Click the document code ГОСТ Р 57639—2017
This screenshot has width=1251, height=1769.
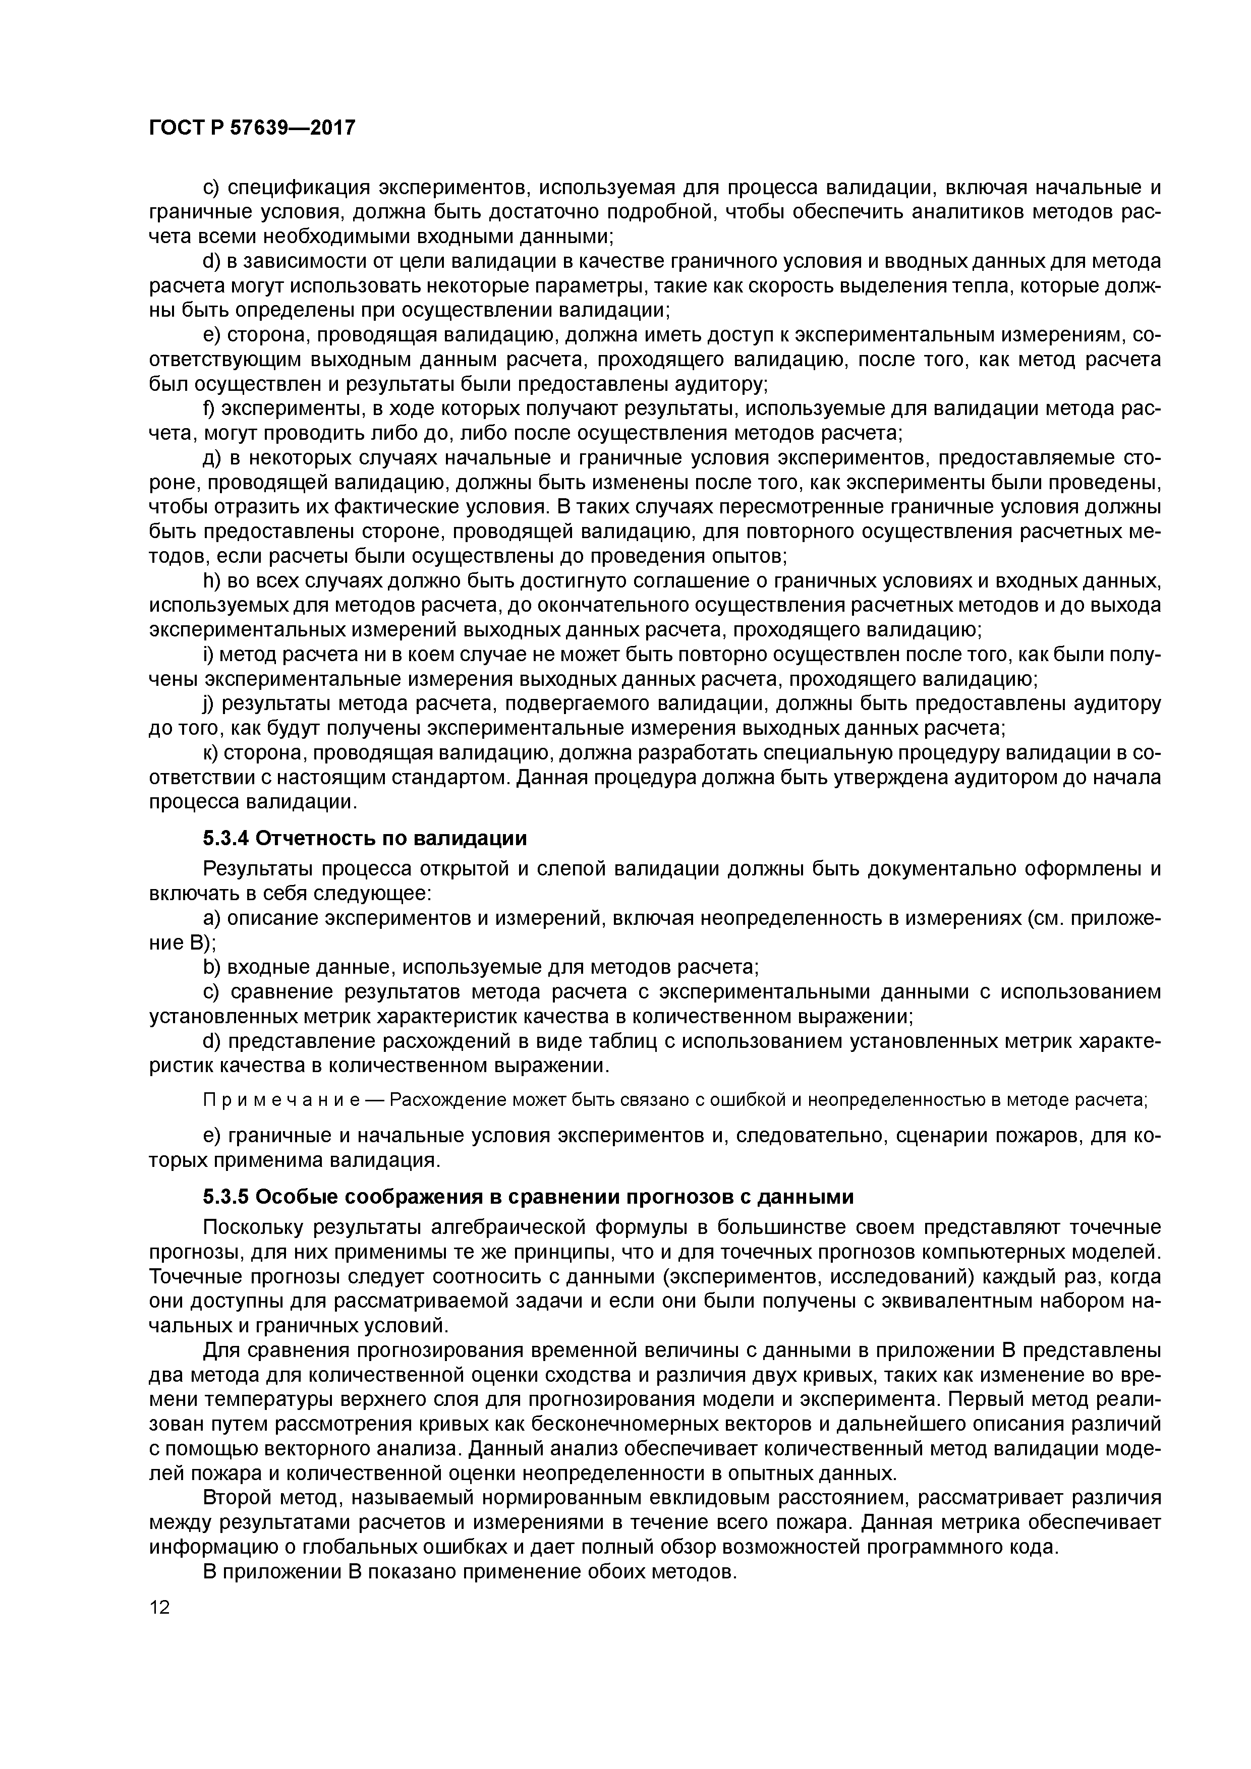251,127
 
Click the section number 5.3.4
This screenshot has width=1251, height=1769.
226,838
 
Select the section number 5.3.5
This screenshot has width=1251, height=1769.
226,1197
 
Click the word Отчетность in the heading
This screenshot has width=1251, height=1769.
314,838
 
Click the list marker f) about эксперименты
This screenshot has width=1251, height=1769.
209,408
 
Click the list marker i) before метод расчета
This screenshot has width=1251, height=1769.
207,654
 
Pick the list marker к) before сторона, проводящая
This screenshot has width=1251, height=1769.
210,753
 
